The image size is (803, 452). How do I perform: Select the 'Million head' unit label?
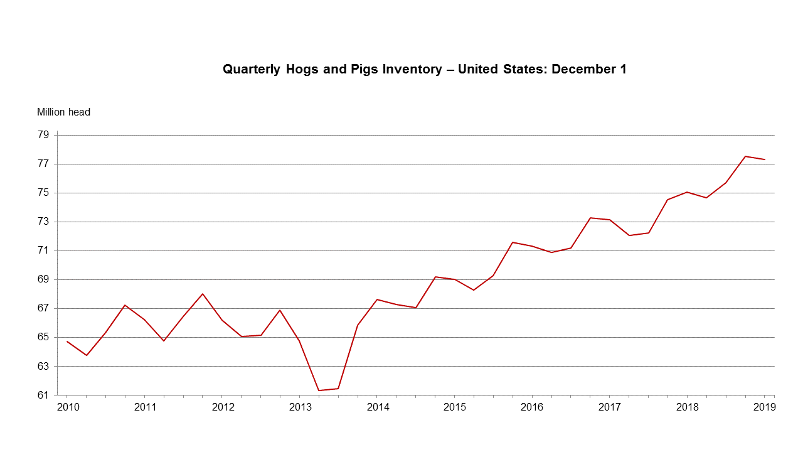pos(63,112)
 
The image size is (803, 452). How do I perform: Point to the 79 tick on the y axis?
pos(43,135)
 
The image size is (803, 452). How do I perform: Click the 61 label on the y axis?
pos(43,395)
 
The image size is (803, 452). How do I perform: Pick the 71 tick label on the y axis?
pos(43,250)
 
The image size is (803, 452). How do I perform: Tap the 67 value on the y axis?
pos(43,308)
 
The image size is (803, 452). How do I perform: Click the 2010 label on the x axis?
pos(67,407)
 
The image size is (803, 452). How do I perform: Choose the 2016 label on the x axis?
pos(532,407)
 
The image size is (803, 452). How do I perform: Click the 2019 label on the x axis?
pos(764,407)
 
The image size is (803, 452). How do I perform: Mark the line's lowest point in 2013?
pos(319,390)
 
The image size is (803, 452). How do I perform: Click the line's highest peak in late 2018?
pos(745,156)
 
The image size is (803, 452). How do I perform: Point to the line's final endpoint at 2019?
pos(764,159)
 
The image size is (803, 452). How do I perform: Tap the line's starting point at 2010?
pos(67,342)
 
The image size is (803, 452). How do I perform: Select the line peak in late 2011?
pos(203,293)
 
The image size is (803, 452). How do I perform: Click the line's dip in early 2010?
pos(87,355)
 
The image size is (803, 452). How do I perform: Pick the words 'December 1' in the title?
pos(589,70)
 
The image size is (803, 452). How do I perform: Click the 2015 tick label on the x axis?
pos(454,407)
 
